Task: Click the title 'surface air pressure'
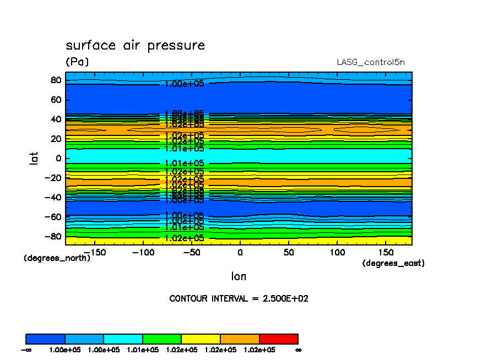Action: coord(135,45)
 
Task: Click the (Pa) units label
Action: coord(77,62)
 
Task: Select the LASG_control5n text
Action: coord(370,62)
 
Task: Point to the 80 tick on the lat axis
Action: coord(55,80)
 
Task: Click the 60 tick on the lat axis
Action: coord(55,100)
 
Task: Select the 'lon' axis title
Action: coord(239,277)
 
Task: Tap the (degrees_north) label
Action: coord(57,258)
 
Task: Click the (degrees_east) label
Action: coord(393,263)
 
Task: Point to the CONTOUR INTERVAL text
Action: coord(239,299)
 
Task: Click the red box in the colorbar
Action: coord(278,339)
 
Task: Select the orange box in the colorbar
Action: coord(240,339)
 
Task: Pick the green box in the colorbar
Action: coord(162,339)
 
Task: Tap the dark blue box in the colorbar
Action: coord(46,339)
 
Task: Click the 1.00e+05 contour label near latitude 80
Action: coord(185,84)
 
